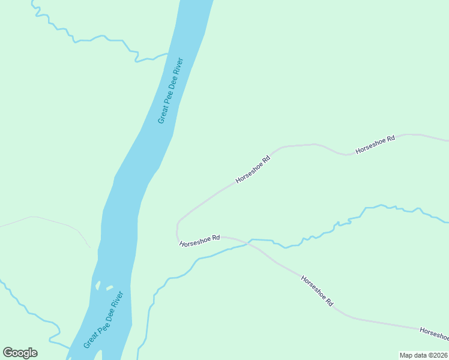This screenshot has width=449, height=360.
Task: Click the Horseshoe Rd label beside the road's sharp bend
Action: pyautogui.click(x=200, y=241)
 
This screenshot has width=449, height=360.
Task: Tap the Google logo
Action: pyautogui.click(x=20, y=353)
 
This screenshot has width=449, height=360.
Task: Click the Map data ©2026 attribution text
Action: pyautogui.click(x=423, y=355)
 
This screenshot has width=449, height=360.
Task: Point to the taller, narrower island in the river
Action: pyautogui.click(x=97, y=286)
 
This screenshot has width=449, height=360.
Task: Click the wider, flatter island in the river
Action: pyautogui.click(x=109, y=288)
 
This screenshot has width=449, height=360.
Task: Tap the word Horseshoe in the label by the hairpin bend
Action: pyautogui.click(x=194, y=241)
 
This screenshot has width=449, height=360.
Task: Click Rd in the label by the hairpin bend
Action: pyautogui.click(x=215, y=238)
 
